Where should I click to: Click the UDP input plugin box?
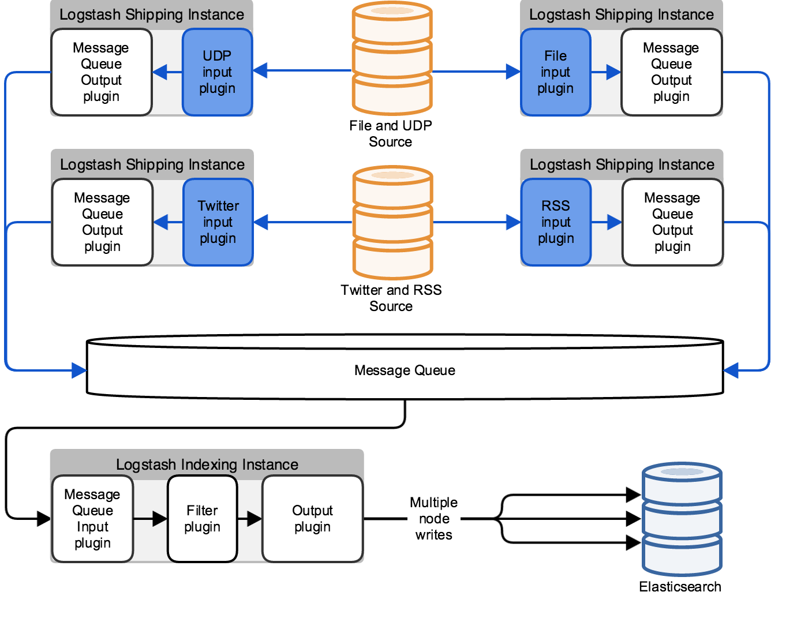[x=217, y=72]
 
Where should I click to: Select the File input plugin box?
[x=555, y=72]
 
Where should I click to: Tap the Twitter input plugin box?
[x=218, y=222]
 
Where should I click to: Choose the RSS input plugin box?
[x=556, y=222]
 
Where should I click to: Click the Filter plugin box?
[x=202, y=519]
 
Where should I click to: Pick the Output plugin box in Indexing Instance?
[x=312, y=519]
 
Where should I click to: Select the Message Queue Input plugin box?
[x=92, y=519]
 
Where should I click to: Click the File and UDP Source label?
[x=391, y=134]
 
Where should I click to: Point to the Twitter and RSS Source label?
[x=391, y=298]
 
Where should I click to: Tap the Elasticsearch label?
[x=680, y=587]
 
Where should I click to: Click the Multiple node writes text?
[x=434, y=519]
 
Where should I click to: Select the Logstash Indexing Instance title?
[x=207, y=465]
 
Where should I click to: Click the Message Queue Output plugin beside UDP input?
[x=101, y=72]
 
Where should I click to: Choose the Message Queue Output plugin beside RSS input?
[x=672, y=222]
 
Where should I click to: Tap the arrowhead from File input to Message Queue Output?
[x=613, y=72]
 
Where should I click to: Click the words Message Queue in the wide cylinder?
[x=405, y=370]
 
